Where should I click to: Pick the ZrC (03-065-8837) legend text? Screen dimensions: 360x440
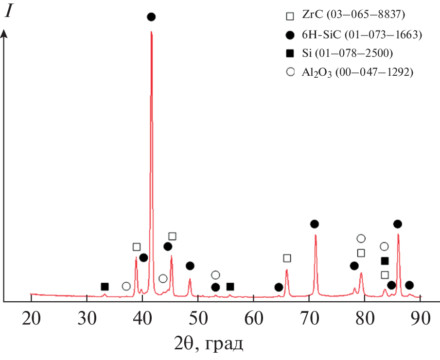[x=353, y=15]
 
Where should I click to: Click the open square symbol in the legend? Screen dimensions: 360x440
[x=290, y=16]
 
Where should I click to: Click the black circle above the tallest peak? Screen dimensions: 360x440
[x=151, y=17]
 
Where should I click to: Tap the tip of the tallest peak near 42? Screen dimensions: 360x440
[x=151, y=32]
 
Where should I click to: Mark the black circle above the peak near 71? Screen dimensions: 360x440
[x=315, y=224]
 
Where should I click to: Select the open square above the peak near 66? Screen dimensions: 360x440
[x=287, y=258]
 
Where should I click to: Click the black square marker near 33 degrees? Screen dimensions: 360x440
[x=105, y=287]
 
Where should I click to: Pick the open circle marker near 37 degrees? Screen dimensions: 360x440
[x=126, y=286]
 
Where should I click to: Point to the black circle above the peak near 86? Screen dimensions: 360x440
[x=398, y=224]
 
